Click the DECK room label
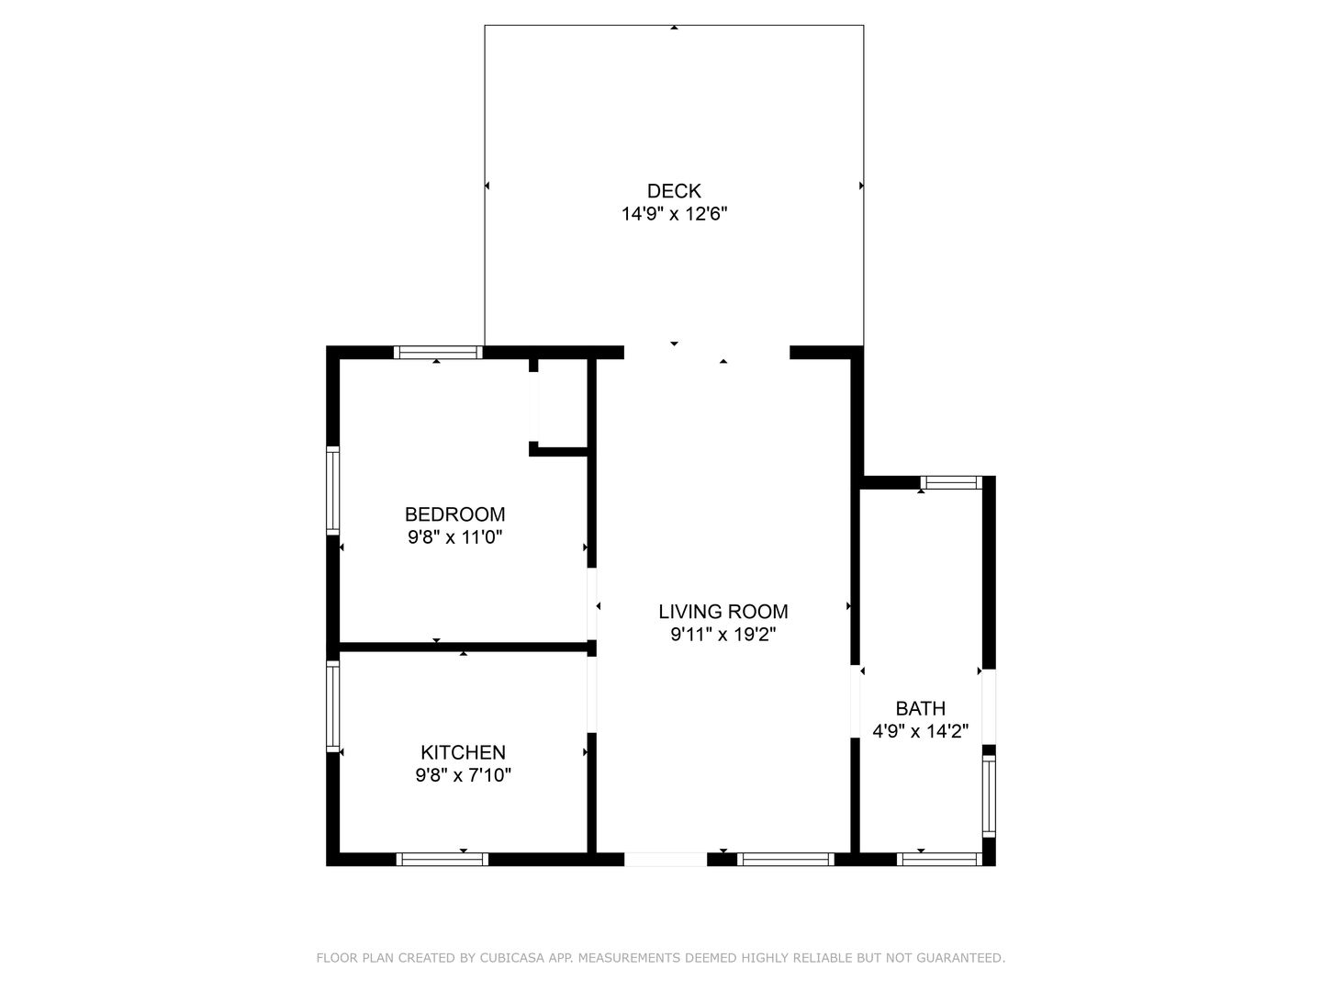(x=674, y=191)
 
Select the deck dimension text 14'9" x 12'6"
(x=674, y=214)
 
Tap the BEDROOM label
(x=454, y=514)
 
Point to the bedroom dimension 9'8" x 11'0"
(x=454, y=537)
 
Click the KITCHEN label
(x=463, y=752)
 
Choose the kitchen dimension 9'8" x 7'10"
(x=463, y=775)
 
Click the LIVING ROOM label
(x=723, y=612)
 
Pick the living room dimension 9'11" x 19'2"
(x=723, y=635)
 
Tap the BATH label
(x=920, y=709)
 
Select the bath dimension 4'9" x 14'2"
(x=920, y=732)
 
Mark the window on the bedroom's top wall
(x=438, y=352)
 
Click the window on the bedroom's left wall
(x=333, y=490)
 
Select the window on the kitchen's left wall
(x=333, y=705)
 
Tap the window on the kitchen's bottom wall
(x=442, y=860)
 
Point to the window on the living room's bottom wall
(x=785, y=860)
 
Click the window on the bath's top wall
(x=951, y=482)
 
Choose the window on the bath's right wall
(x=989, y=795)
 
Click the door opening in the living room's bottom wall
(x=666, y=860)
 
